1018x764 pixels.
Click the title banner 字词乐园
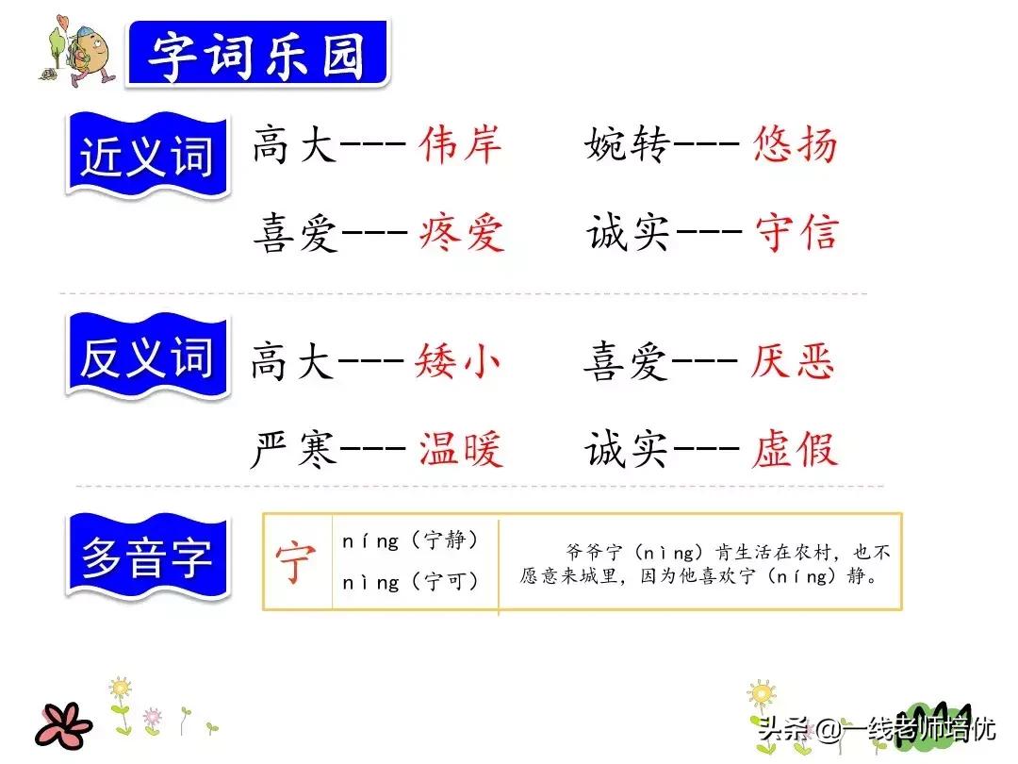(257, 53)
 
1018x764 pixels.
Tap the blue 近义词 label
(147, 156)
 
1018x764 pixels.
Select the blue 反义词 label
(147, 356)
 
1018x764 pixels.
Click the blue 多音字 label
(147, 556)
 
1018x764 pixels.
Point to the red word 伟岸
(460, 144)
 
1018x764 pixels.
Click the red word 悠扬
(795, 144)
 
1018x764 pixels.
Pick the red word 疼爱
(462, 233)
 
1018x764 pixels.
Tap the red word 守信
(796, 232)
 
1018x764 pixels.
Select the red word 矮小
(457, 360)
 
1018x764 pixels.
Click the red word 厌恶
(792, 360)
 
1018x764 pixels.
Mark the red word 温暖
(460, 448)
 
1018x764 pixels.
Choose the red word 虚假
(795, 448)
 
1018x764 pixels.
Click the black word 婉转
(627, 144)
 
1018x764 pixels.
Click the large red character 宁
(296, 562)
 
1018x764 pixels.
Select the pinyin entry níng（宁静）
(410, 540)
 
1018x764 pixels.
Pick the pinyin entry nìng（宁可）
(410, 581)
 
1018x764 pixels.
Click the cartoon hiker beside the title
(78, 51)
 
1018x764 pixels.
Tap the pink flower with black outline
(63, 725)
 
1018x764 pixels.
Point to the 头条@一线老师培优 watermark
(877, 728)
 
